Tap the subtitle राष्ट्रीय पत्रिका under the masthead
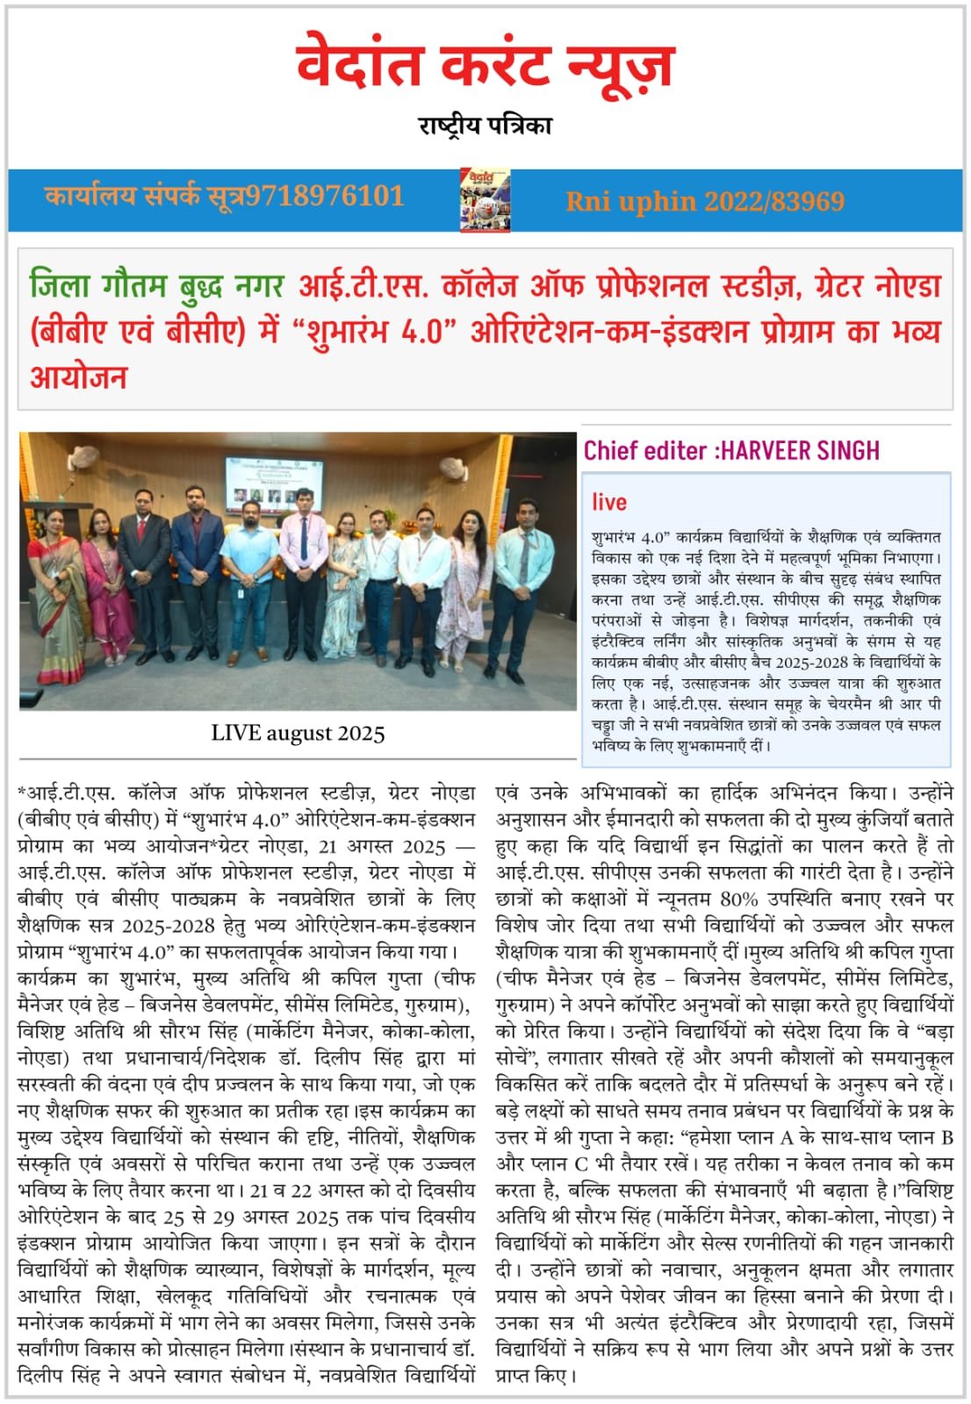[485, 125]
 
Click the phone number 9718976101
[324, 195]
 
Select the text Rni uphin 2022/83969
[705, 202]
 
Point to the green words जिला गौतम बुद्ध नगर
[157, 286]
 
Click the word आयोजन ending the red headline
[79, 377]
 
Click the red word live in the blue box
[608, 502]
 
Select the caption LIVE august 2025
[298, 733]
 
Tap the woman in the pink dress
[106, 579]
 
